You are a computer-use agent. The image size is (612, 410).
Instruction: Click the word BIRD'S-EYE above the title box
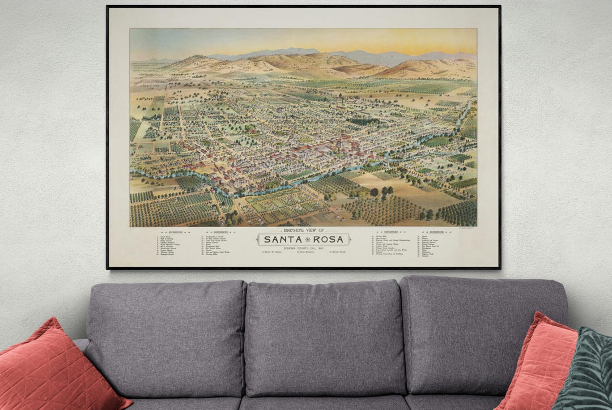[290, 231]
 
